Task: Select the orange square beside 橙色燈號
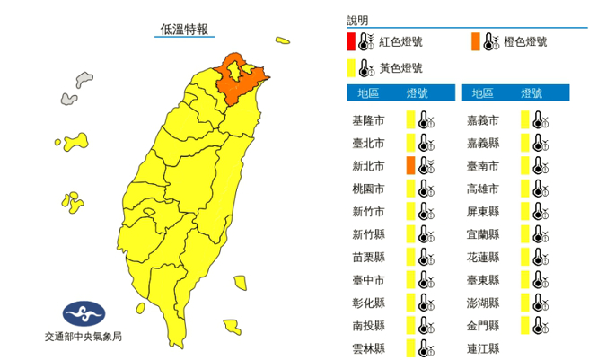pyautogui.click(x=473, y=41)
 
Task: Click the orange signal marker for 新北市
pyautogui.click(x=409, y=165)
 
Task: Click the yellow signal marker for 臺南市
pyautogui.click(x=524, y=165)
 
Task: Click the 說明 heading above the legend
pyautogui.click(x=357, y=20)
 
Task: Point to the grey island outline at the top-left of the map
pyautogui.click(x=85, y=79)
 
